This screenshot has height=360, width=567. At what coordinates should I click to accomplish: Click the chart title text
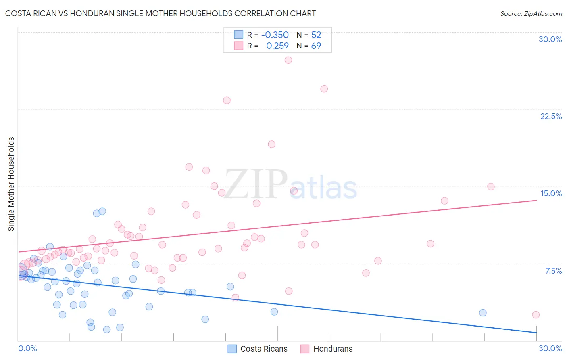[x=160, y=13]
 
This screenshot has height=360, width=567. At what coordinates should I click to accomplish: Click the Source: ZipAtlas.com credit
[x=531, y=13]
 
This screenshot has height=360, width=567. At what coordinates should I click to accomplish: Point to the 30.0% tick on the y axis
[x=550, y=39]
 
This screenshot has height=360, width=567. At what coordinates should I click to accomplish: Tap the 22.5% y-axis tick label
[x=551, y=116]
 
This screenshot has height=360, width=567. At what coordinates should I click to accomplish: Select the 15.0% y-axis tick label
[x=551, y=193]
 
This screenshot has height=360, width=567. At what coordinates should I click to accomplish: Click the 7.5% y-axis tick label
[x=553, y=271]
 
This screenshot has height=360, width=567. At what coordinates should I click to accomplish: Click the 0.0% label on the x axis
[x=27, y=348]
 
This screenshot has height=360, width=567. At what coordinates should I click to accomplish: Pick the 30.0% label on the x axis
[x=550, y=348]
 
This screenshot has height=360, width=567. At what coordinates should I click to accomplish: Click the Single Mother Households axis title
[x=11, y=184]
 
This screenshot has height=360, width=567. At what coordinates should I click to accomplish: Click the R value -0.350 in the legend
[x=275, y=35]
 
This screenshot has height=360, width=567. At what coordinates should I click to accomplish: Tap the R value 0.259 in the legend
[x=277, y=46]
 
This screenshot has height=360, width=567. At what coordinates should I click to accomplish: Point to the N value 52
[x=316, y=35]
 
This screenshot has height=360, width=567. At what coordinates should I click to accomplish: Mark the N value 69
[x=316, y=46]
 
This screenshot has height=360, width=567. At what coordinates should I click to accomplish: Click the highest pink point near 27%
[x=288, y=60]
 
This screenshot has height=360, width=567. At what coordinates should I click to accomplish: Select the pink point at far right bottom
[x=536, y=315]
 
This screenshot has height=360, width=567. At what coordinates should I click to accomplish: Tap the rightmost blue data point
[x=483, y=313]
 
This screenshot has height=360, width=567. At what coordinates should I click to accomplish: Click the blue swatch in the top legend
[x=239, y=35]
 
